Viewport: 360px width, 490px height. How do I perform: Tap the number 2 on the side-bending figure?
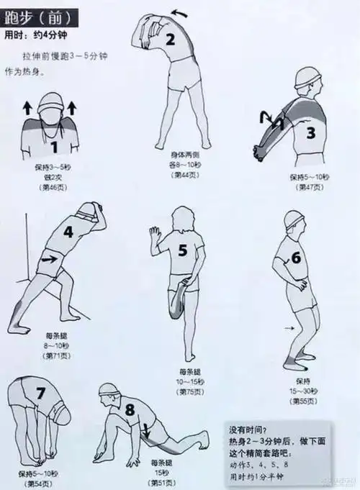(171, 40)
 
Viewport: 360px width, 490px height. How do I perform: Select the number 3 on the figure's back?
(310, 132)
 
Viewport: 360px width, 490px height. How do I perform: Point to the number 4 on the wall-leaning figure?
(68, 232)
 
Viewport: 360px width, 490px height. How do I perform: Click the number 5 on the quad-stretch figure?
(182, 250)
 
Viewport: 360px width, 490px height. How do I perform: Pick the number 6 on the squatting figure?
(295, 258)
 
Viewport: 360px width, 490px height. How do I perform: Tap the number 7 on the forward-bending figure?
(40, 393)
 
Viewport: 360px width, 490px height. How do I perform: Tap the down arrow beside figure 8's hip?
(146, 431)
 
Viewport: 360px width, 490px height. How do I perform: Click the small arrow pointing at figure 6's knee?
(289, 327)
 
